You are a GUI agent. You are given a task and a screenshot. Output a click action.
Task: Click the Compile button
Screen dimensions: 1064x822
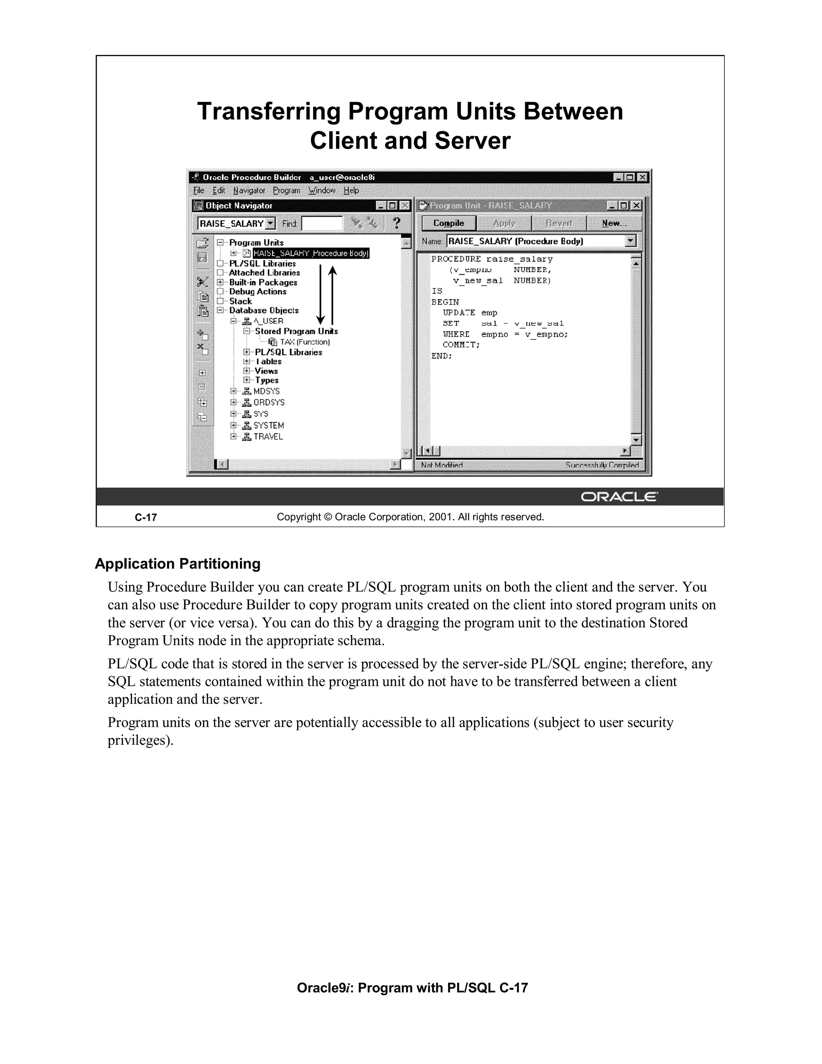(448, 223)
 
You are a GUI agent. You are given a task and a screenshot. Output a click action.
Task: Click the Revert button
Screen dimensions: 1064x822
(559, 223)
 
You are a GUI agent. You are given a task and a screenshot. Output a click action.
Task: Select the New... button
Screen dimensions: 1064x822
(614, 223)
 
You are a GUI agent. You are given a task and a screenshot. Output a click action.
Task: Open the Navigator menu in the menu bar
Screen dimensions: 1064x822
(249, 190)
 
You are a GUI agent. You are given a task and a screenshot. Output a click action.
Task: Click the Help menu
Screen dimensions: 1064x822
(351, 190)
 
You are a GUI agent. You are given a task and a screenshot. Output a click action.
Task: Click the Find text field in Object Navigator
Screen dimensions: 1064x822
(322, 224)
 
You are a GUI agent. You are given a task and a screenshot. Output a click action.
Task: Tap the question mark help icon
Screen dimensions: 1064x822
(397, 223)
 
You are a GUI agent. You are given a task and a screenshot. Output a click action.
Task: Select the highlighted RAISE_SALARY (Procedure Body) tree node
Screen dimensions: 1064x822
(311, 253)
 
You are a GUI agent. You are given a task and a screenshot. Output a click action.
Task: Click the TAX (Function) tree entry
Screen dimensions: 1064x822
(304, 342)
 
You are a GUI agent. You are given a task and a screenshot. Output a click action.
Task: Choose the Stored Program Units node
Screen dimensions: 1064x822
(296, 331)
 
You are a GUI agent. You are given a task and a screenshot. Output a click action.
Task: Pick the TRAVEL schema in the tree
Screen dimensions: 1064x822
(268, 436)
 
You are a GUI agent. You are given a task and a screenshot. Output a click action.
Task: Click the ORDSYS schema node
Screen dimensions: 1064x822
(269, 402)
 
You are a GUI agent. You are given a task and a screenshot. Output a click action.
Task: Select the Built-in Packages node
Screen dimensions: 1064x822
(263, 282)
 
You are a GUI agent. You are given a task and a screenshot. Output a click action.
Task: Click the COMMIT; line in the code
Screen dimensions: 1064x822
(461, 345)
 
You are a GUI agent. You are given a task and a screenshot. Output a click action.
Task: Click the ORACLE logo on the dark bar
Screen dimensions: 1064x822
(619, 497)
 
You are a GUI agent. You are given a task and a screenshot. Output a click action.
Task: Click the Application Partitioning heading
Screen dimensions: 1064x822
(178, 564)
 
